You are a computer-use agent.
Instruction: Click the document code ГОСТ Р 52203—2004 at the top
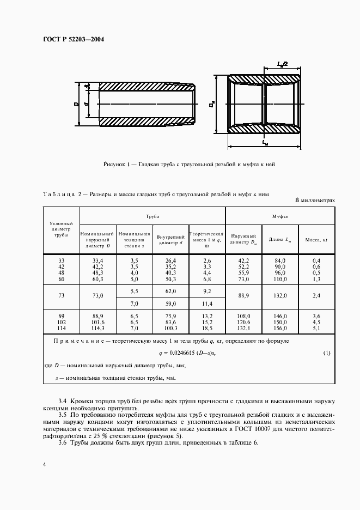[74, 39]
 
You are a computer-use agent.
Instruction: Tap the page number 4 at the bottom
[43, 464]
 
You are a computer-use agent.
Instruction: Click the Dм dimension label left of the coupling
[211, 104]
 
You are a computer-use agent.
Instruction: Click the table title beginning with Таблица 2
[155, 193]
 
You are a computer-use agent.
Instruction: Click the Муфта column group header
[280, 216]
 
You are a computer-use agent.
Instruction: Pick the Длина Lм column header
[280, 239]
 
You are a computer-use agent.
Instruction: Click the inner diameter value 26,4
[171, 261]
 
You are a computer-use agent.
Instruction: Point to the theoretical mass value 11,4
[206, 303]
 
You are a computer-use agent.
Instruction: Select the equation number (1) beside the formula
[327, 353]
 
